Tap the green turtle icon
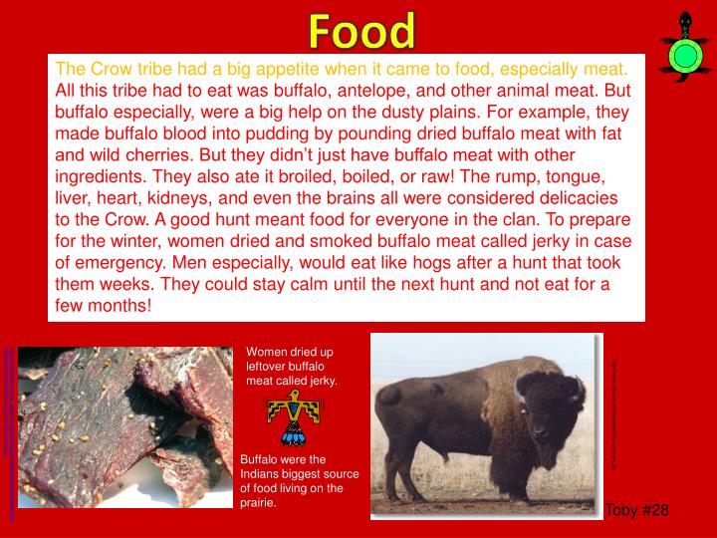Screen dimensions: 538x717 (683, 50)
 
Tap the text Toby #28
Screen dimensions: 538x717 (637, 509)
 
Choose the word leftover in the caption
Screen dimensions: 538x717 (269, 366)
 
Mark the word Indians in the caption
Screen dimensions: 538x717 (262, 473)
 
